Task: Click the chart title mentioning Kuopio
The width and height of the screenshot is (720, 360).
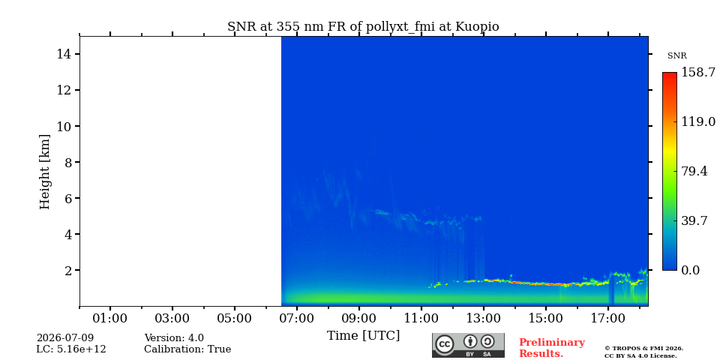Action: tap(363, 27)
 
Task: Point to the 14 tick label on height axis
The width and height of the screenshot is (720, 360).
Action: tap(62, 54)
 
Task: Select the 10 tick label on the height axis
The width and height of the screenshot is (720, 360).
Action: tap(62, 126)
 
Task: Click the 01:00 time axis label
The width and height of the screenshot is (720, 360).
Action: tap(110, 318)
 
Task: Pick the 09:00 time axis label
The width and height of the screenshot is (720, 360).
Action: tap(359, 318)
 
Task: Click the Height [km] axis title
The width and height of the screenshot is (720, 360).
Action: tap(44, 172)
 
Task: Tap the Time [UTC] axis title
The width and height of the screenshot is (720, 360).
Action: tap(363, 336)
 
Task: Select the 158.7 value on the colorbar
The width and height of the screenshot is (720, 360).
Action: tap(698, 73)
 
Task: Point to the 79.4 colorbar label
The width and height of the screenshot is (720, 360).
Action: tap(694, 171)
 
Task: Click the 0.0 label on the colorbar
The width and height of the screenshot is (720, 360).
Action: tap(690, 271)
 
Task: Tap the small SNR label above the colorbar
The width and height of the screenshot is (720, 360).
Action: tap(676, 56)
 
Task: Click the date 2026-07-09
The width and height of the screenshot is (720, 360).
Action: tap(65, 338)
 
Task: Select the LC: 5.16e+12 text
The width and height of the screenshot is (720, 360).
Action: tap(71, 349)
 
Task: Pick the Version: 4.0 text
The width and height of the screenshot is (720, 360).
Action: tap(174, 338)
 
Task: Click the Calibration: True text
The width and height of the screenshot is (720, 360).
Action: tap(187, 349)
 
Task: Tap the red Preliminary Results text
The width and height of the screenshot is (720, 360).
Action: tap(552, 348)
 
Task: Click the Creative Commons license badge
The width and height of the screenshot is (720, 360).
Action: tap(468, 345)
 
